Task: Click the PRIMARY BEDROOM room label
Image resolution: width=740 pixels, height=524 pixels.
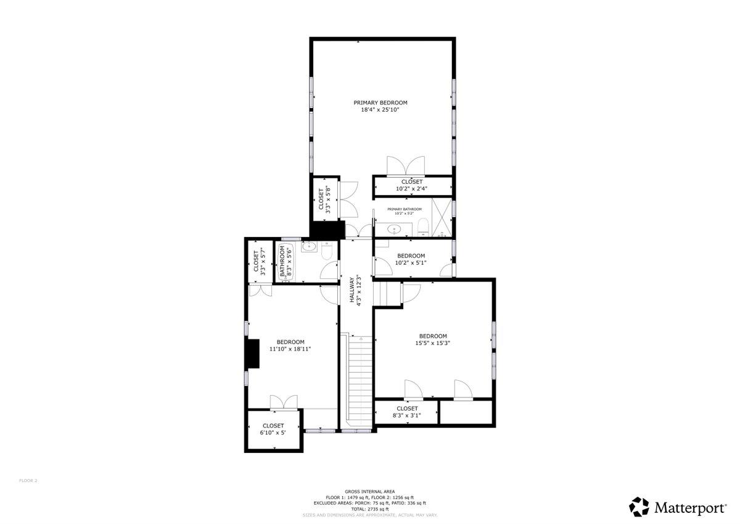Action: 380,102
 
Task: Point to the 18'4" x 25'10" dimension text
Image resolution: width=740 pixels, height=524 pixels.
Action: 380,110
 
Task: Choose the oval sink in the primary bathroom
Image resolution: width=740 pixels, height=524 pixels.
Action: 393,230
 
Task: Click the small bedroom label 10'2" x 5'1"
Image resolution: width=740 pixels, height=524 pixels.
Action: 411,259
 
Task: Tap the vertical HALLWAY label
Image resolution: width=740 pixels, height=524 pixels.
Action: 356,290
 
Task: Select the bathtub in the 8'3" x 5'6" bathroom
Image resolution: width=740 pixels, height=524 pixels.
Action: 286,262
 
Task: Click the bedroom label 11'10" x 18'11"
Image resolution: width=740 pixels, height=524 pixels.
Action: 290,345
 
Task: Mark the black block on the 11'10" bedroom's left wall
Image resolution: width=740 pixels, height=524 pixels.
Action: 252,354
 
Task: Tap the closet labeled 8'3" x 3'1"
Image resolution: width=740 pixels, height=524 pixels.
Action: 407,412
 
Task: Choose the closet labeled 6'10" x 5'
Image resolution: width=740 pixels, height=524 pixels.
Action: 273,429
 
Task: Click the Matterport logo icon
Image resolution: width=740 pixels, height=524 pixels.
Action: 639,507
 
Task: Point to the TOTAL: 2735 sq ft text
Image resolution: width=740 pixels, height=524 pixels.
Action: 369,509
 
